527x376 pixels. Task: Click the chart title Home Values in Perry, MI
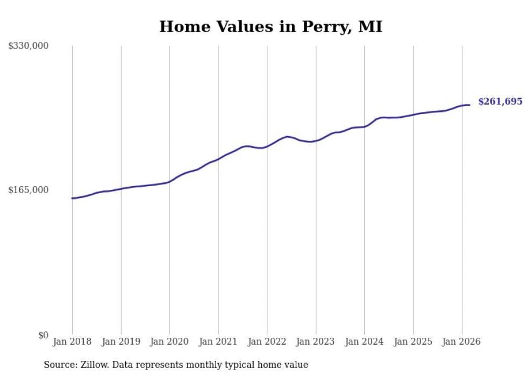[x=270, y=26]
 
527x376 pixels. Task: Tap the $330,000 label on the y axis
[x=29, y=46]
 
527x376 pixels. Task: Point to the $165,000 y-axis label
[x=29, y=190]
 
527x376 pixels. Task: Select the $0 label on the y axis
[x=43, y=335]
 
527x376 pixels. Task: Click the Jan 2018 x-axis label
[x=72, y=342]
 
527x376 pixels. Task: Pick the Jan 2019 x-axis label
[x=121, y=342]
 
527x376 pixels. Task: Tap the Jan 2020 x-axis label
[x=169, y=342]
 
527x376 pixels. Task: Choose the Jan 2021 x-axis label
[x=218, y=342]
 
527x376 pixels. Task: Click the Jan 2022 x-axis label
[x=267, y=342]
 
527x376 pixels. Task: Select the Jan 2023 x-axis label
[x=316, y=342]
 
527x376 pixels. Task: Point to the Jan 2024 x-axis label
[x=365, y=342]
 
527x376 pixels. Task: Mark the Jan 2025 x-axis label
[x=413, y=342]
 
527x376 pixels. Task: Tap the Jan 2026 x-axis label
[x=462, y=342]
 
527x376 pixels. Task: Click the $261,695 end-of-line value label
[x=500, y=102]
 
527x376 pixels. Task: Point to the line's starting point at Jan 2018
[x=72, y=198]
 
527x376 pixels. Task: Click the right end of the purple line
[x=469, y=105]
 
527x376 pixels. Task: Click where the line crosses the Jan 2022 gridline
[x=267, y=146]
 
